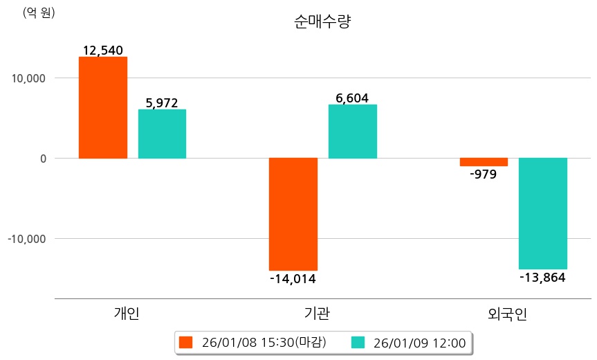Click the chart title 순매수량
323,21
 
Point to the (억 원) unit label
38,12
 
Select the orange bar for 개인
102,107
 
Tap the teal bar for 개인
162,134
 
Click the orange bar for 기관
293,214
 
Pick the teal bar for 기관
353,132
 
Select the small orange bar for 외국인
484,162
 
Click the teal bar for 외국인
543,213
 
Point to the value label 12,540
102,51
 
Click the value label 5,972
162,103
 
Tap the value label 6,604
352,98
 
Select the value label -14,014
293,279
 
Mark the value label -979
483,174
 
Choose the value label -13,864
542,278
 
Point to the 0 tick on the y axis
43,159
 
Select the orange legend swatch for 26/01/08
185,342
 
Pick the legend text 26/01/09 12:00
419,342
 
